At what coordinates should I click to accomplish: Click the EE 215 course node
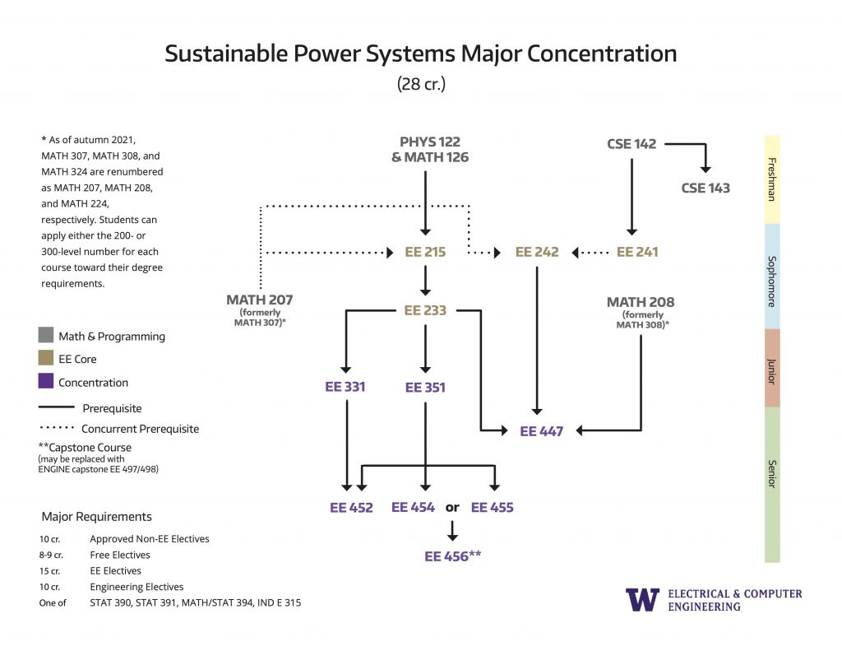pyautogui.click(x=425, y=252)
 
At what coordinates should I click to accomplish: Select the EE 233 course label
pyautogui.click(x=425, y=310)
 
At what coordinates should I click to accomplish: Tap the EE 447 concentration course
pyautogui.click(x=541, y=430)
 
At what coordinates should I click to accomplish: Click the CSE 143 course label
pyautogui.click(x=706, y=188)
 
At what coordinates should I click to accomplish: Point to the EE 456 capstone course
pyautogui.click(x=452, y=556)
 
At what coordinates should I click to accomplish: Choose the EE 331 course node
pyautogui.click(x=345, y=386)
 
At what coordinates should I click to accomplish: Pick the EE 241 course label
pyautogui.click(x=636, y=252)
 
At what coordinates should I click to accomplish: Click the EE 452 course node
pyautogui.click(x=351, y=508)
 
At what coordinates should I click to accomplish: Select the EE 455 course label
pyautogui.click(x=492, y=508)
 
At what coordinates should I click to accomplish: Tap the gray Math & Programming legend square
pyautogui.click(x=46, y=336)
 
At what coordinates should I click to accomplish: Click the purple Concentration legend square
pyautogui.click(x=46, y=382)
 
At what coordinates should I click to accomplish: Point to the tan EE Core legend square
pyautogui.click(x=46, y=359)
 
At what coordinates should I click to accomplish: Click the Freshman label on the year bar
pyautogui.click(x=772, y=179)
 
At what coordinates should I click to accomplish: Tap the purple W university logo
pyautogui.click(x=642, y=599)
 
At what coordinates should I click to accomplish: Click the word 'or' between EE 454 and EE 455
pyautogui.click(x=452, y=508)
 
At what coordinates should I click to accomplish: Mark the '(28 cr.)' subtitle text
pyautogui.click(x=421, y=84)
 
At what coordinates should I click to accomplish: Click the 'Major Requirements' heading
pyautogui.click(x=97, y=517)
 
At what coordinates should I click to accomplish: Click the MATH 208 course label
pyautogui.click(x=641, y=302)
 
